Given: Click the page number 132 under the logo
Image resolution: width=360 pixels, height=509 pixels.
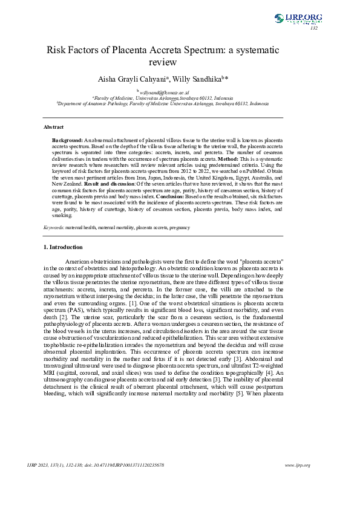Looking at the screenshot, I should (x=313, y=28).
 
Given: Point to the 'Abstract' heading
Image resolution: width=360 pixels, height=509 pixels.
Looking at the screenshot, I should (x=53, y=128).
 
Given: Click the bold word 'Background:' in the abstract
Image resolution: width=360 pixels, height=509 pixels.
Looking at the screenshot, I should (x=67, y=140).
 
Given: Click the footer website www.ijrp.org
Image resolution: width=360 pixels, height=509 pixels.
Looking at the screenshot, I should (x=297, y=465).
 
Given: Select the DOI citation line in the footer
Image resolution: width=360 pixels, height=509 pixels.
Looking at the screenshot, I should (x=97, y=465).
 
